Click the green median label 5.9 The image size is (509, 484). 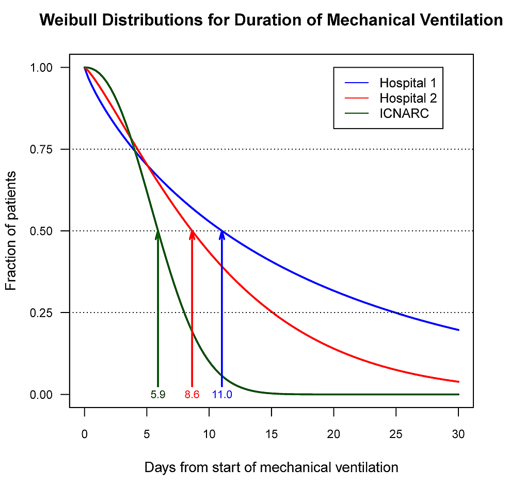coord(158,395)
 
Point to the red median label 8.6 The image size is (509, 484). coord(192,395)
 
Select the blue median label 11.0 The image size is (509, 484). coord(222,395)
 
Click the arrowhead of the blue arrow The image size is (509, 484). coord(222,233)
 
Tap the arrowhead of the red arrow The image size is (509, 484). coord(192,233)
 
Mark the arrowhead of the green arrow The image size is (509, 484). coord(158,233)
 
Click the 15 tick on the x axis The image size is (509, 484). coord(272,434)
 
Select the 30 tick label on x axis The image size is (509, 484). coord(458,434)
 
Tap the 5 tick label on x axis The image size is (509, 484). coord(147,434)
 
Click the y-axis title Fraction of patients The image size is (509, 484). coord(11,231)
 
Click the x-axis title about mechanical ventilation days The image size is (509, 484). coord(271,467)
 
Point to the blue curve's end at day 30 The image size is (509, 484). coord(458,330)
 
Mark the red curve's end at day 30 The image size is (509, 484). coord(458,382)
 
